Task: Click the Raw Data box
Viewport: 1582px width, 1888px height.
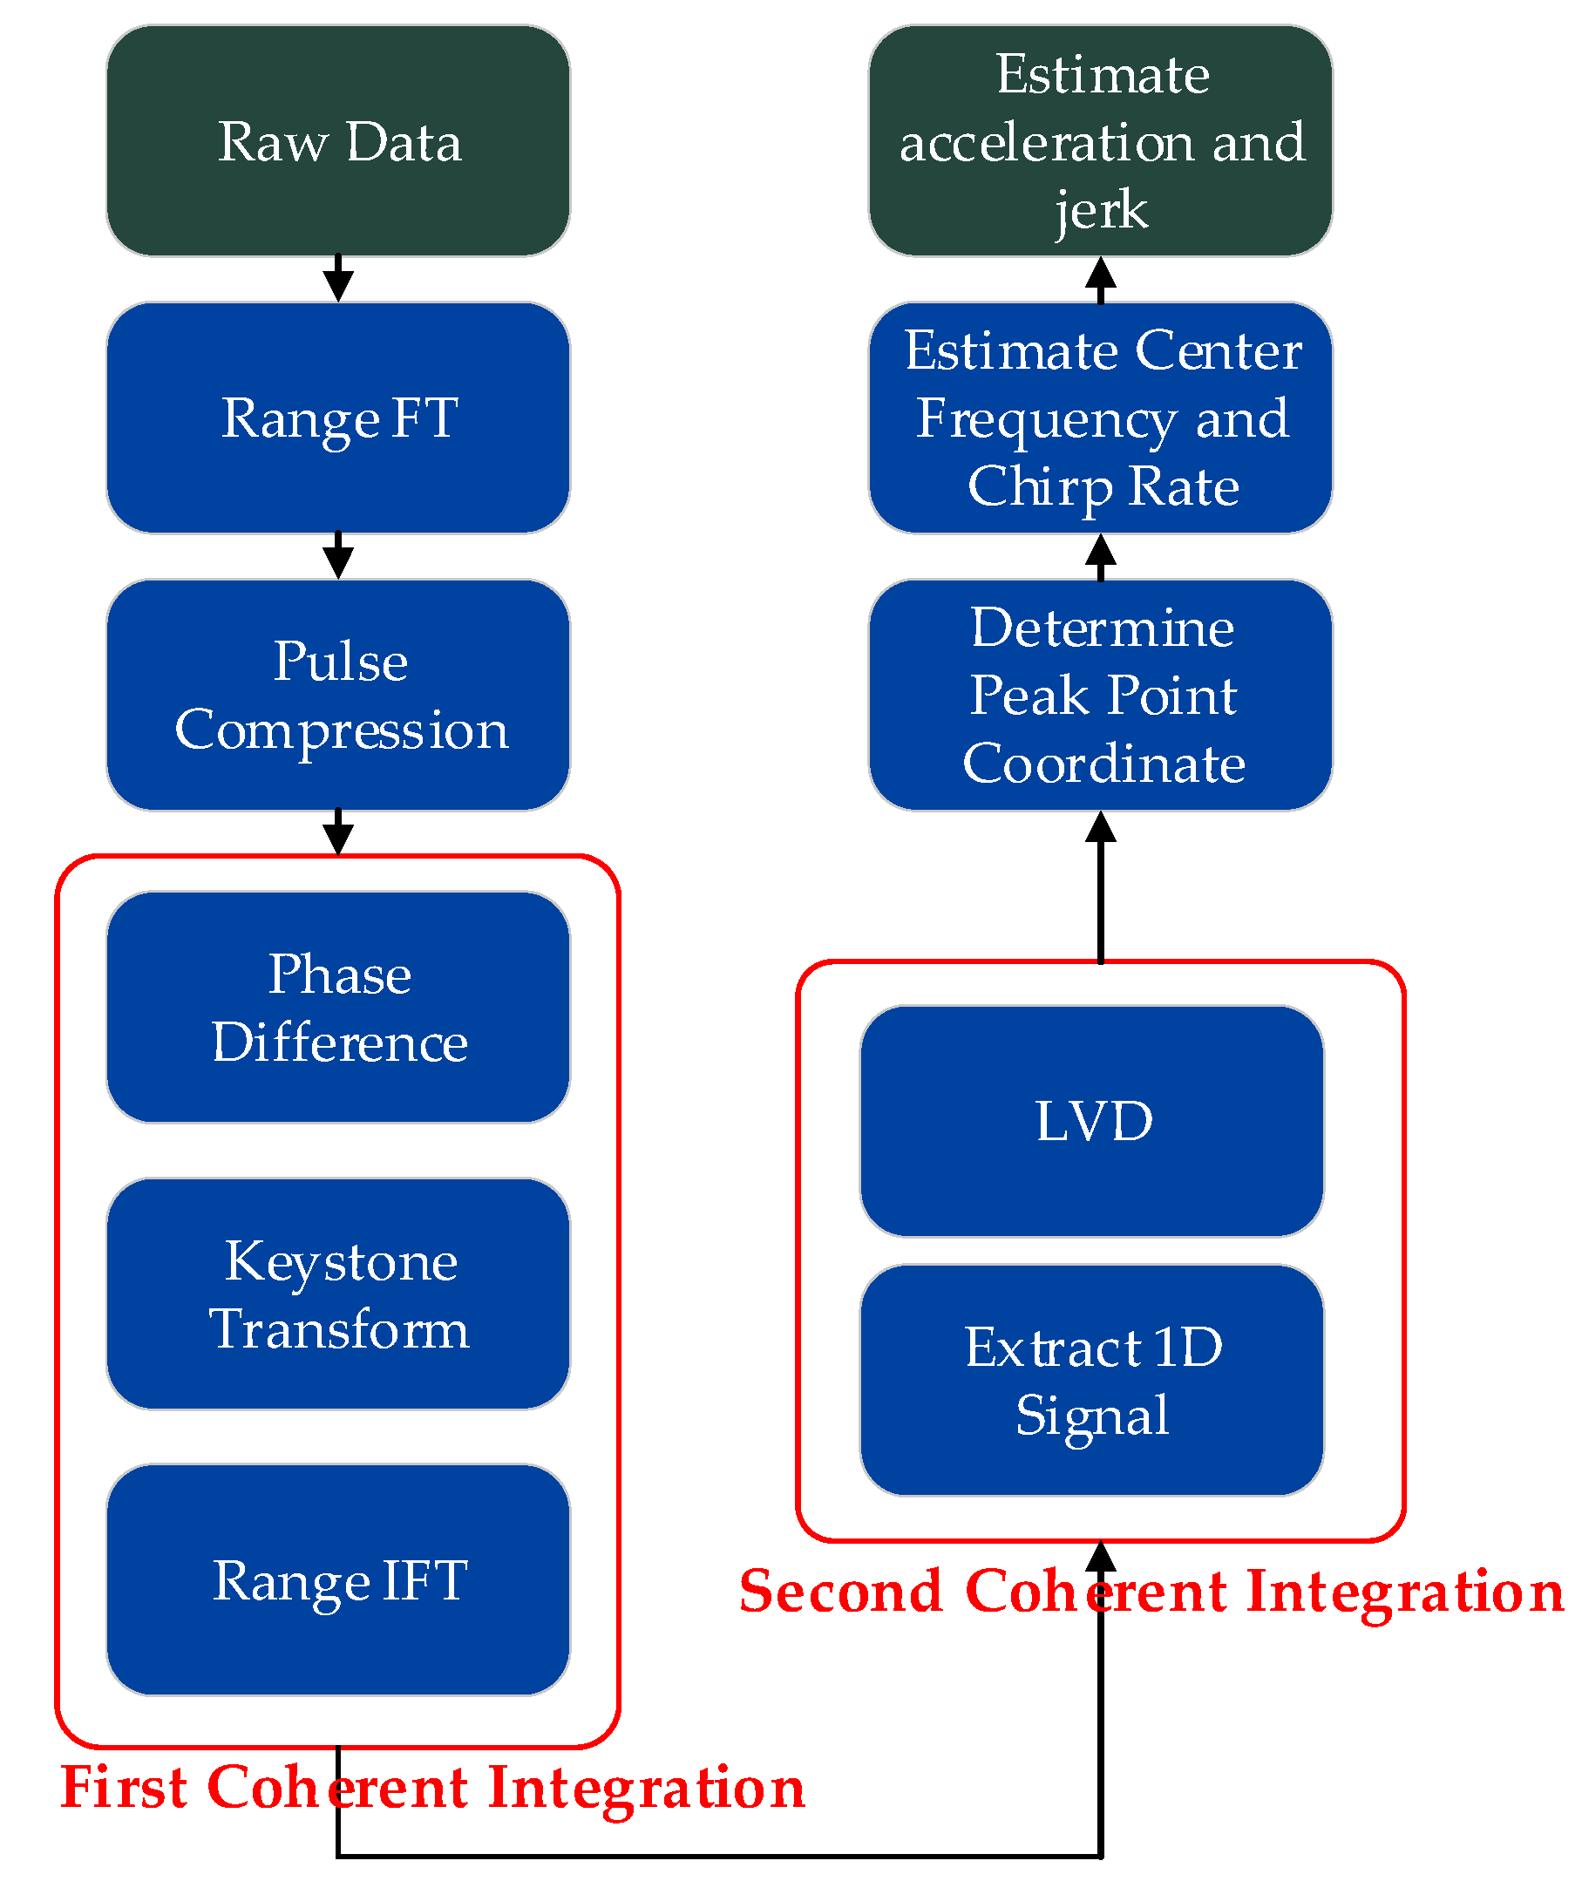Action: [x=338, y=141]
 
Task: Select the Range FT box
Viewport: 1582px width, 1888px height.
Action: [x=338, y=418]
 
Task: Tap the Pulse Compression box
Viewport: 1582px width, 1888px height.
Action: [x=338, y=695]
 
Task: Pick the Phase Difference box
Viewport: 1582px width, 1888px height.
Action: [x=338, y=1008]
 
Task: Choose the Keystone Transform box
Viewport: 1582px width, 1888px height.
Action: [x=338, y=1294]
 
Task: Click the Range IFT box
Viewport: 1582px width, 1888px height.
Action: [x=338, y=1580]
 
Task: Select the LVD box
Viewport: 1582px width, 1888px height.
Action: [x=1092, y=1121]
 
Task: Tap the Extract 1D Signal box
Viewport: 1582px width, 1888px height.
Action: [x=1092, y=1381]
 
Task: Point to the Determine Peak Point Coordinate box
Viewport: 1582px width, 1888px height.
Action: [x=1101, y=695]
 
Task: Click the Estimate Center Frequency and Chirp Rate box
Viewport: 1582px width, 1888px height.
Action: [x=1101, y=418]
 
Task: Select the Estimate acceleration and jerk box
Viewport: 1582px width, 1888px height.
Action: [x=1101, y=141]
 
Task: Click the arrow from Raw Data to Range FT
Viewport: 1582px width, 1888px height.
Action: [x=338, y=280]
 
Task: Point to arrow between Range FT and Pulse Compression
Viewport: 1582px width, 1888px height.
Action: [x=338, y=556]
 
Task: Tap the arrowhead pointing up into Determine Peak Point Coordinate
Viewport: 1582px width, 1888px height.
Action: [x=1101, y=827]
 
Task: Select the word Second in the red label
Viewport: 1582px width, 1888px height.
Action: [x=840, y=1592]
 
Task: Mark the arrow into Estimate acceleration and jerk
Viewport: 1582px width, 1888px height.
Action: [x=1101, y=278]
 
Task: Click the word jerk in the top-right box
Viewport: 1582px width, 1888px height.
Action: [x=1101, y=211]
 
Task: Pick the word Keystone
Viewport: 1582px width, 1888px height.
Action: [x=341, y=1262]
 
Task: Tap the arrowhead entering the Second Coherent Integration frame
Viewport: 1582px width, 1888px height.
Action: [x=1101, y=1557]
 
